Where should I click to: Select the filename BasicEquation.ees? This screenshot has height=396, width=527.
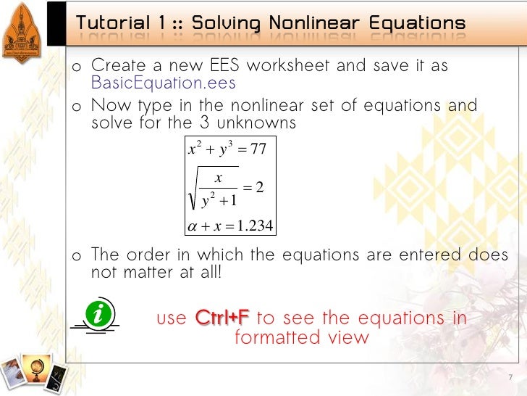(164, 83)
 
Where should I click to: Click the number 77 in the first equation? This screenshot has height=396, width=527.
(258, 150)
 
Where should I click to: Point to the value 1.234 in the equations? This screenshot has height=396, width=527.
(253, 227)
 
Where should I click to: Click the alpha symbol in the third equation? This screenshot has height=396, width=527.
(192, 228)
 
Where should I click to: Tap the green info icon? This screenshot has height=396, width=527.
(97, 315)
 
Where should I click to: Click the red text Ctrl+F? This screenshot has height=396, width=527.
(223, 318)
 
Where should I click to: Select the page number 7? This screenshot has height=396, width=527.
(510, 378)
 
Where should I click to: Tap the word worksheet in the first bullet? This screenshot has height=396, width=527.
(289, 66)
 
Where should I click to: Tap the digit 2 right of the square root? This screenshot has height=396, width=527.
(260, 189)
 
